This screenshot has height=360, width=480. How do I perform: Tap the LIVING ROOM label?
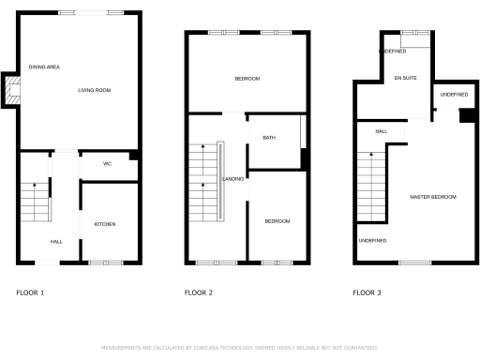click(x=94, y=90)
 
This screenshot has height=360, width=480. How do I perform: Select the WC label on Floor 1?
click(x=108, y=164)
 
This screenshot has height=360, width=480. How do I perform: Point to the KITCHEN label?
click(x=104, y=223)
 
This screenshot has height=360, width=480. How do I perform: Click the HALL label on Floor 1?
click(x=56, y=242)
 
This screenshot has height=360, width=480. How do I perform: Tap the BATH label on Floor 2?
click(x=269, y=138)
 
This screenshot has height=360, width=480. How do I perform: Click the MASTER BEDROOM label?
click(x=433, y=197)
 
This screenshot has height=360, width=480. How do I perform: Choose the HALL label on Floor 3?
click(x=381, y=131)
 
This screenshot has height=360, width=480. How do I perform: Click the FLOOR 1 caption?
click(x=30, y=293)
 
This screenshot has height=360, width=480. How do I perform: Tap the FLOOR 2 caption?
click(x=198, y=293)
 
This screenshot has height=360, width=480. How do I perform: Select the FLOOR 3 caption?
click(x=367, y=293)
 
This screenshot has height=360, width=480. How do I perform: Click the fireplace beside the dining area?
click(x=11, y=90)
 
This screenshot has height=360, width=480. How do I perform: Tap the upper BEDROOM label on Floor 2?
click(x=247, y=78)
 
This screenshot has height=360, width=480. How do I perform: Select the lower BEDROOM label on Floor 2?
click(x=277, y=221)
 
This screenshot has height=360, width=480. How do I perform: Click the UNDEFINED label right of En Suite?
click(x=453, y=95)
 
